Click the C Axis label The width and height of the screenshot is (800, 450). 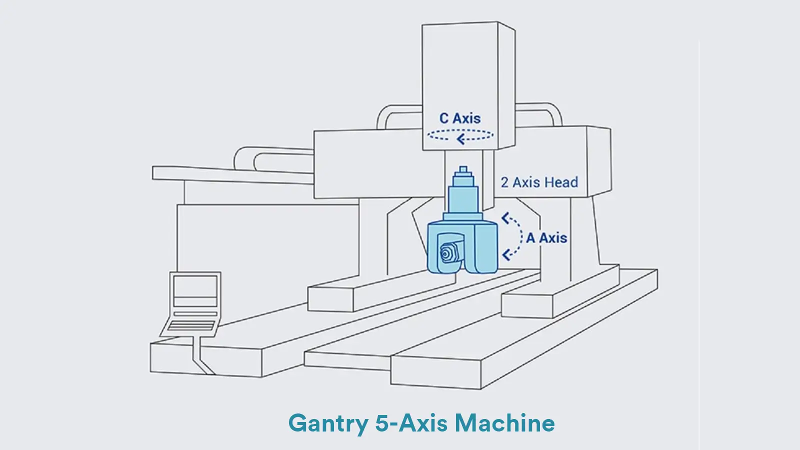[459, 118]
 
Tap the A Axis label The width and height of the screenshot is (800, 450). [546, 237]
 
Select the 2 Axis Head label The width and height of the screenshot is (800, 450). [539, 182]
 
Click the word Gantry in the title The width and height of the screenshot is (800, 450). [327, 423]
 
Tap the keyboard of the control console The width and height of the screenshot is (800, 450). [191, 325]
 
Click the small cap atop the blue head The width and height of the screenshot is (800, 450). [463, 170]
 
